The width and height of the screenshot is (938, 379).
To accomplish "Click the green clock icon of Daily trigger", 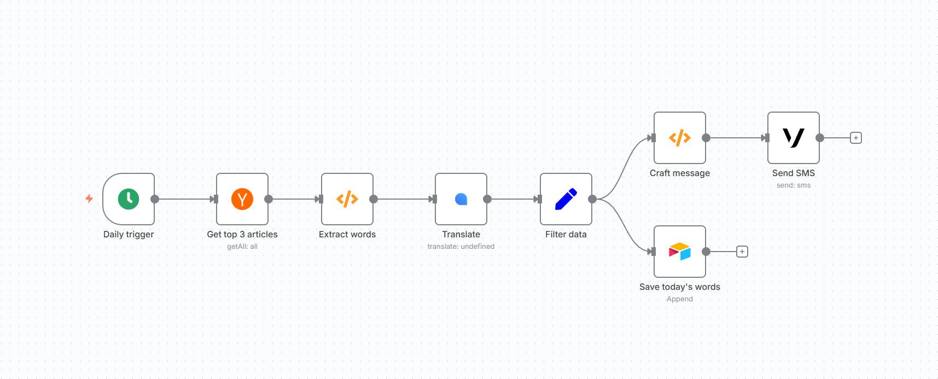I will pyautogui.click(x=129, y=199).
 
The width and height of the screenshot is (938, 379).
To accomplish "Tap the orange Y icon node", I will pyautogui.click(x=242, y=199).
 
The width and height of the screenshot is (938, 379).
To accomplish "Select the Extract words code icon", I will pyautogui.click(x=347, y=199).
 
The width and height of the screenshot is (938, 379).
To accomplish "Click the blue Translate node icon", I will pyautogui.click(x=461, y=199).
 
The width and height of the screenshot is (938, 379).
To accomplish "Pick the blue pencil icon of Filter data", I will pyautogui.click(x=566, y=199).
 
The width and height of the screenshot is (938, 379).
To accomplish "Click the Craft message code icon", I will pyautogui.click(x=680, y=138).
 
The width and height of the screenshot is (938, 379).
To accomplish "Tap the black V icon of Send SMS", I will pyautogui.click(x=794, y=138).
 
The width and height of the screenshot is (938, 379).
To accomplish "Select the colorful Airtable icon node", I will pyautogui.click(x=680, y=252).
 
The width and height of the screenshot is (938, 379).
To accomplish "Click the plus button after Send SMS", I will pyautogui.click(x=856, y=138).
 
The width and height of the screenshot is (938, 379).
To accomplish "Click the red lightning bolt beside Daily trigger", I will pyautogui.click(x=89, y=199).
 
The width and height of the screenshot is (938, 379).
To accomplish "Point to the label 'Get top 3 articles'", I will pyautogui.click(x=242, y=234).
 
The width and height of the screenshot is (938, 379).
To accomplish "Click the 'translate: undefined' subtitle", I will pyautogui.click(x=461, y=247).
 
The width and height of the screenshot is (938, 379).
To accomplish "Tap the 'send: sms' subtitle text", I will pyautogui.click(x=794, y=185).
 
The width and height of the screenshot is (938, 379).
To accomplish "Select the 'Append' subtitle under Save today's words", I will pyautogui.click(x=680, y=299).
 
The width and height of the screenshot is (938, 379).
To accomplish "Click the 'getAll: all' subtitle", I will pyautogui.click(x=242, y=247).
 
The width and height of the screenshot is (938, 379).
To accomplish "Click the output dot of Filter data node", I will pyautogui.click(x=592, y=199).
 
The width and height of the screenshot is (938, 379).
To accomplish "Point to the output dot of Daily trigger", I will pyautogui.click(x=155, y=199).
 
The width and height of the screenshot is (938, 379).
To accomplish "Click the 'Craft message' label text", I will pyautogui.click(x=680, y=173).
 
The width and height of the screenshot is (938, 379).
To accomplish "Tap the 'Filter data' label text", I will pyautogui.click(x=566, y=234).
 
